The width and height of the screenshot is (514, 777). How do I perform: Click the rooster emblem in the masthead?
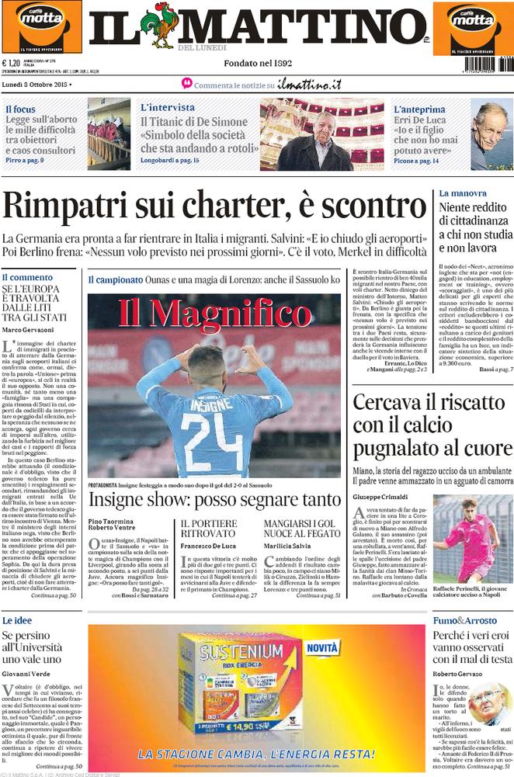click(165, 25)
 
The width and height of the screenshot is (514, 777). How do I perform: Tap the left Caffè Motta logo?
click(40, 26)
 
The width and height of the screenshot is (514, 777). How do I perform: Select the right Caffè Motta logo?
click(473, 26)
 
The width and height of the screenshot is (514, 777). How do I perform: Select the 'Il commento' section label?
click(27, 277)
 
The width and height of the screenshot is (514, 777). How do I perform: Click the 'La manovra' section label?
click(463, 193)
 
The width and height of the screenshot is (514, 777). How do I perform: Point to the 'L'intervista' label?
click(168, 108)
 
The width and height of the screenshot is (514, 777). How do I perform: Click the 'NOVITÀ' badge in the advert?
click(321, 646)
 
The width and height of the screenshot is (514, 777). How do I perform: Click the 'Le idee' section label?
click(17, 621)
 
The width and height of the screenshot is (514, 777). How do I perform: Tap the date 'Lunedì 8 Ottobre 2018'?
click(36, 84)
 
